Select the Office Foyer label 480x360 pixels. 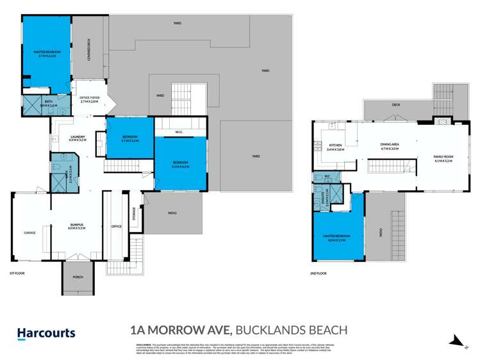click(x=89, y=99)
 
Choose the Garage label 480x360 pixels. click(x=29, y=233)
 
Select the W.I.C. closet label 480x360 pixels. click(x=179, y=133)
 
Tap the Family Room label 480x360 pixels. click(x=443, y=159)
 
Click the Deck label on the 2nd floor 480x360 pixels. click(x=396, y=105)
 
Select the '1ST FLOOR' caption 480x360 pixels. click(x=17, y=274)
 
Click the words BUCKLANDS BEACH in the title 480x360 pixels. click(x=292, y=331)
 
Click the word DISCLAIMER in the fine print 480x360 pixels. click(x=144, y=345)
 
